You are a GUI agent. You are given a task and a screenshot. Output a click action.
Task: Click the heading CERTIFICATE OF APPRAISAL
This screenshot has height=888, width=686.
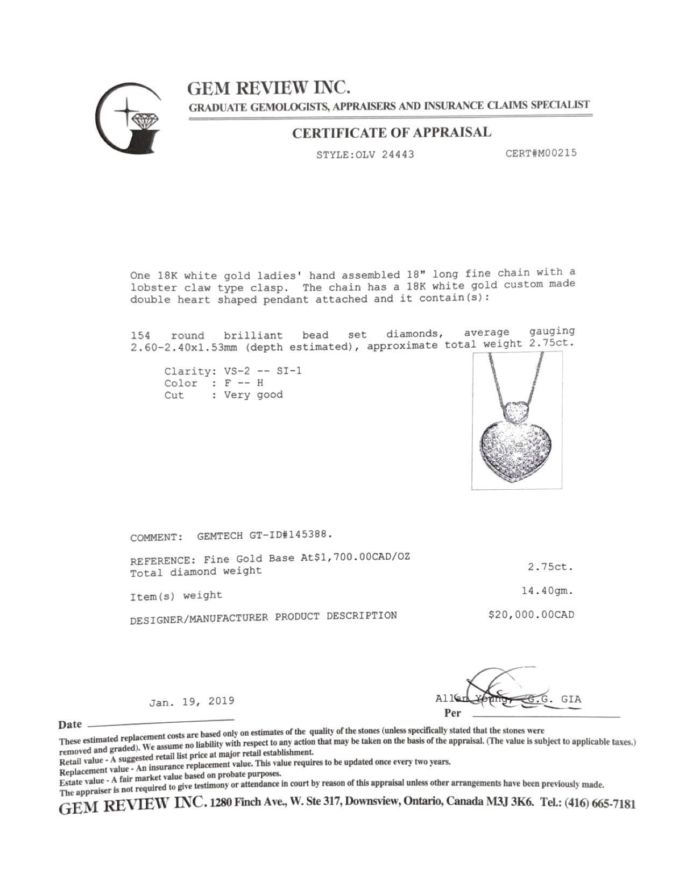[x=391, y=133]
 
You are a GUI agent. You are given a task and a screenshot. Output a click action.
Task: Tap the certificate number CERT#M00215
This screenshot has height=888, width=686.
[x=541, y=153]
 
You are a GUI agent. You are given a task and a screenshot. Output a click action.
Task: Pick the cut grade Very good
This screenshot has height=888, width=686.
[x=253, y=395]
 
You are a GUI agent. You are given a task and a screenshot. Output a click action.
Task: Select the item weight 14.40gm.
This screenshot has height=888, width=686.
[x=547, y=591]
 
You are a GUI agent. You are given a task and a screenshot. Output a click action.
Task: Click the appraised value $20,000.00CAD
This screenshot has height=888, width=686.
[x=531, y=615]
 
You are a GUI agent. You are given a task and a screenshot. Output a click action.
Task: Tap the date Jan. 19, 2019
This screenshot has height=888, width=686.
[x=192, y=701]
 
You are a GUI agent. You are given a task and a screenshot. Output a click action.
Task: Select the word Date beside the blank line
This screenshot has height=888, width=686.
[x=70, y=724]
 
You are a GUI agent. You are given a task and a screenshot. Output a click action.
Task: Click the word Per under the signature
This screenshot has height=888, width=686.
[x=453, y=714]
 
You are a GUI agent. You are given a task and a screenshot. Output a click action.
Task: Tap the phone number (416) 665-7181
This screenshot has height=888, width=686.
[x=600, y=804]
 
